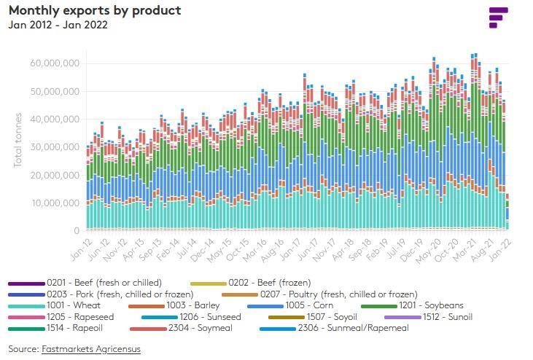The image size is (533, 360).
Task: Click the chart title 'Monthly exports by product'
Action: (95, 11)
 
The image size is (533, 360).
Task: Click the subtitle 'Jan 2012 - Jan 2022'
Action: (58, 25)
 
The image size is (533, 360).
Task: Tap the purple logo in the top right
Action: (498, 17)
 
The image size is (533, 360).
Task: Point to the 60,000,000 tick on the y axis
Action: (55, 63)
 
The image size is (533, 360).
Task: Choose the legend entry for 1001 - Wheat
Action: (73, 305)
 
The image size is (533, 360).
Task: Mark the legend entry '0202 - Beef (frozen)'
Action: (269, 283)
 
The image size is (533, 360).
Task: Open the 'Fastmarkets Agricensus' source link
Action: (90, 349)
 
